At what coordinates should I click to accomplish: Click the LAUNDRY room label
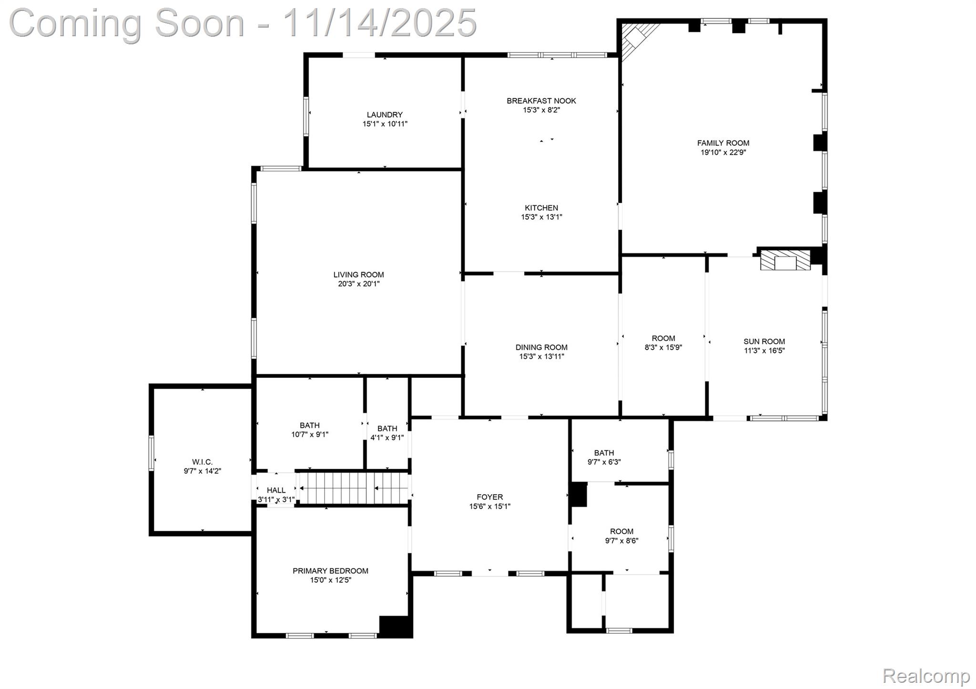click(385, 115)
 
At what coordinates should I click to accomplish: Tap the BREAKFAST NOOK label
click(541, 101)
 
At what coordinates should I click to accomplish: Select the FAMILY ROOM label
click(723, 143)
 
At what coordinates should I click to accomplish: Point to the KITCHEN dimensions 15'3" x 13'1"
click(541, 217)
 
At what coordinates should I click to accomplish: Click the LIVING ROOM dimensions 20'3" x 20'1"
click(358, 284)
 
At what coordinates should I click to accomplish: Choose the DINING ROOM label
click(541, 347)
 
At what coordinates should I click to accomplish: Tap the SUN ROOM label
click(764, 342)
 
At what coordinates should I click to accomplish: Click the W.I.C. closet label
click(202, 462)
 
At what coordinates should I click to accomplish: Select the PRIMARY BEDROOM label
click(330, 571)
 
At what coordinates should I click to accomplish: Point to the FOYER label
click(489, 497)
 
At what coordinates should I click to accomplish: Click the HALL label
click(276, 490)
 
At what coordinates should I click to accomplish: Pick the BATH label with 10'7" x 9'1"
click(310, 426)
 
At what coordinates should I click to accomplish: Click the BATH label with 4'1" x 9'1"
click(387, 429)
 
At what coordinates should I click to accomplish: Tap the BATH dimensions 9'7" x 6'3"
click(604, 462)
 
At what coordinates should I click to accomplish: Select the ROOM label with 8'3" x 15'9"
click(663, 339)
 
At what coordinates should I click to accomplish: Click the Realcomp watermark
click(925, 675)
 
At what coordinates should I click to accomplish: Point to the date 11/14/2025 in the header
click(379, 23)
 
